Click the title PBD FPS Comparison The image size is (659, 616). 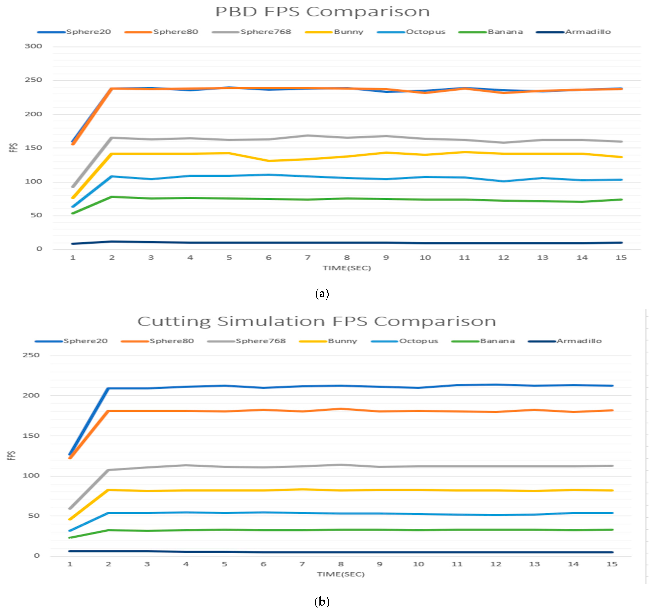click(322, 12)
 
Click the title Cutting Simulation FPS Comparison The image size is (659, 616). click(317, 321)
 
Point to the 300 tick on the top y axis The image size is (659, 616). click(34, 46)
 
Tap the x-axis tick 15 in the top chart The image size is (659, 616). click(621, 258)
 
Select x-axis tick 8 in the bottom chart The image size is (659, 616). click(341, 564)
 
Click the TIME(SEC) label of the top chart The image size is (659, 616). click(347, 268)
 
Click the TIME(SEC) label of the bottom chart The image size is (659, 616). click(341, 574)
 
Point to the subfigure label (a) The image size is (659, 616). click(322, 294)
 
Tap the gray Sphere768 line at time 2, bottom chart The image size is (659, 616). click(108, 470)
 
